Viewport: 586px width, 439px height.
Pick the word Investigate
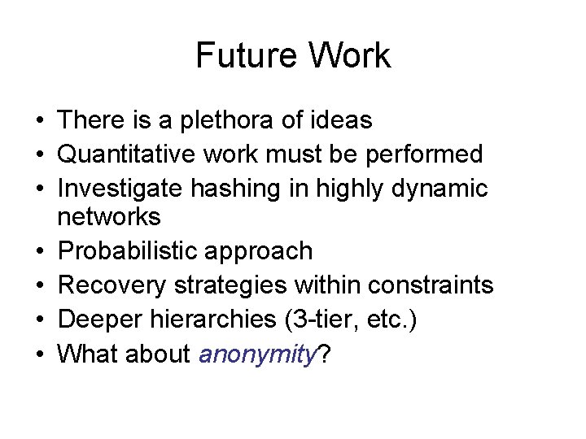[120, 188]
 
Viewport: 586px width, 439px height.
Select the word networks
[110, 217]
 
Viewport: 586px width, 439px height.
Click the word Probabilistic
[125, 251]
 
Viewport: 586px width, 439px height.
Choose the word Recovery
[108, 285]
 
